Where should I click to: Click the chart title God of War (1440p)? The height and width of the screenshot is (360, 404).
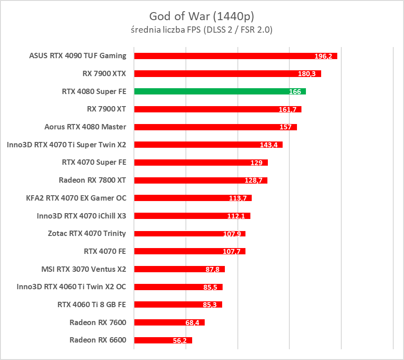(202, 17)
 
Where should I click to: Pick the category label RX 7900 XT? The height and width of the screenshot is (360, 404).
(107, 109)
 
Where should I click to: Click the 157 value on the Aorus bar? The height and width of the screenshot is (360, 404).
(285, 127)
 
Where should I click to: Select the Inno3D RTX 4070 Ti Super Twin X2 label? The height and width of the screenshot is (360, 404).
(67, 145)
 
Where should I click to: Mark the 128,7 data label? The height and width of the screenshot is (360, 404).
(256, 180)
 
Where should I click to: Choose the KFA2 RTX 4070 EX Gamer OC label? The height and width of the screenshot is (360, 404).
(76, 198)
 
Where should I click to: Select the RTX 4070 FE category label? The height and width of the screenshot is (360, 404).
(105, 251)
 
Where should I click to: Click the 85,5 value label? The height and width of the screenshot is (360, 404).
(211, 287)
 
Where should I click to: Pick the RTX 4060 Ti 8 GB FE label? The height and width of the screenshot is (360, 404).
(92, 304)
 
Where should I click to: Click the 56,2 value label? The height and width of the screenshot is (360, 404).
(180, 341)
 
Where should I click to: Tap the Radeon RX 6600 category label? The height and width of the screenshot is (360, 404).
(98, 340)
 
